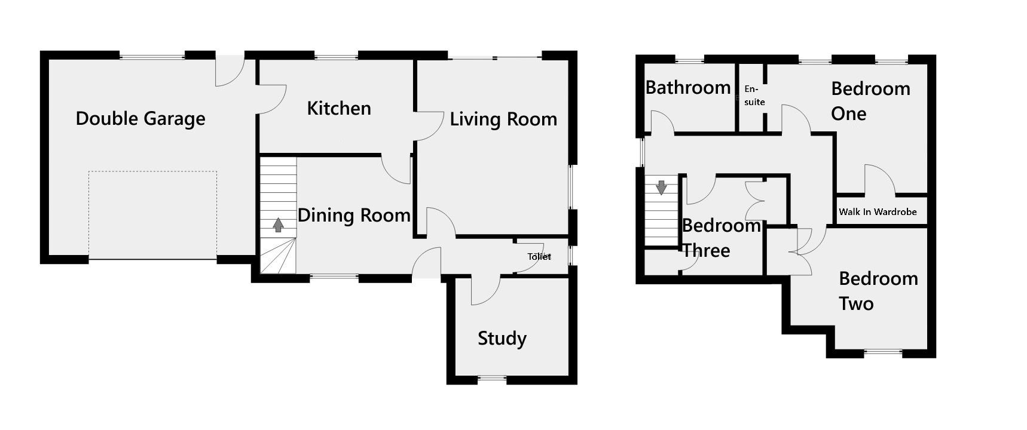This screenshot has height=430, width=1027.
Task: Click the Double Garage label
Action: point(140,118)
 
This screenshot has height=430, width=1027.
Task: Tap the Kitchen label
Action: point(339,108)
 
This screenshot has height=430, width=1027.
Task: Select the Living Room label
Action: point(503,119)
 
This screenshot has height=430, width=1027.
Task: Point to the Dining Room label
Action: point(354,215)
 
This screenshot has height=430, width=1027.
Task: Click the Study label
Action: point(502,339)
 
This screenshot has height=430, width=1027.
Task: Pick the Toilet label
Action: point(539,256)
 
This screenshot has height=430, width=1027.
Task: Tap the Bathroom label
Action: point(688,88)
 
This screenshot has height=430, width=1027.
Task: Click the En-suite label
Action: point(754,96)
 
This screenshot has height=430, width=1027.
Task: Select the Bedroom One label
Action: point(870,101)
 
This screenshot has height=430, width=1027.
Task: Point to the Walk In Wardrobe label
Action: point(878,212)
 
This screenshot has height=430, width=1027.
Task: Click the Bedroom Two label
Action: point(878,291)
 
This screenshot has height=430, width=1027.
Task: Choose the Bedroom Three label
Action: point(721,238)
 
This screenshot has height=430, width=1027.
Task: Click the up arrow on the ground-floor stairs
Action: point(278,225)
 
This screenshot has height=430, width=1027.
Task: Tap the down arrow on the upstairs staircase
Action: point(661,188)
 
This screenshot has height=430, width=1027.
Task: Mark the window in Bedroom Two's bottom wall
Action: point(883,352)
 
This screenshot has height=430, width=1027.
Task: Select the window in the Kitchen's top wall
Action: point(337,57)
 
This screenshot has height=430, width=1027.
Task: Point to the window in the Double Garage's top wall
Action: point(152,57)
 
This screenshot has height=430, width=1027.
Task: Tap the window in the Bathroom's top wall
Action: point(690,60)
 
